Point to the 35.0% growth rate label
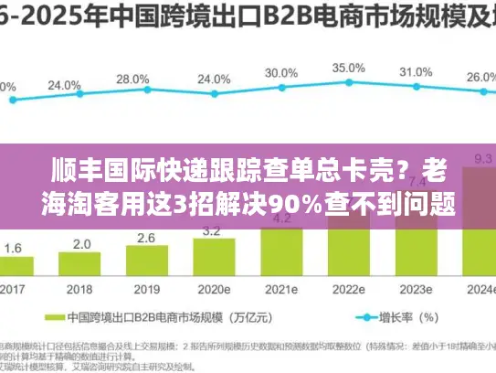point(348,69)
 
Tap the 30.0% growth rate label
point(280,73)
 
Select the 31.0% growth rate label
point(417,72)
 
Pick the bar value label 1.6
point(13,248)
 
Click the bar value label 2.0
point(80,244)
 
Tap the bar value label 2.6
point(147,239)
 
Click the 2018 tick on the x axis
point(80,290)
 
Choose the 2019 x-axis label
point(147,290)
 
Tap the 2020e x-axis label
point(214,290)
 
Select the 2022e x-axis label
point(348,290)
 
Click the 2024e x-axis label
point(480,290)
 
